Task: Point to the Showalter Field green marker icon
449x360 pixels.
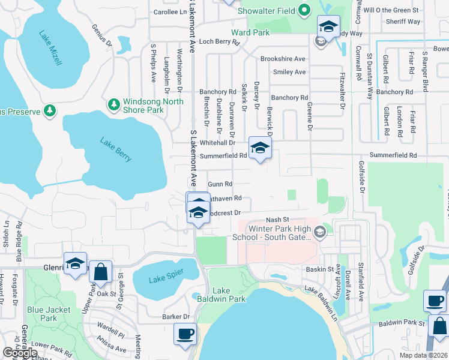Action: (x=304, y=10)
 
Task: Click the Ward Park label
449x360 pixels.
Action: (x=250, y=32)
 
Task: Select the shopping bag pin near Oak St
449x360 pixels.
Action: (x=101, y=271)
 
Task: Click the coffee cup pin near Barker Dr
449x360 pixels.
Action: (x=185, y=333)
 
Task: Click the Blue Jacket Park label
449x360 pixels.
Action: (x=49, y=314)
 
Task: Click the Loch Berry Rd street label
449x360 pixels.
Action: (x=219, y=42)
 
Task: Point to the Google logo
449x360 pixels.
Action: (x=20, y=353)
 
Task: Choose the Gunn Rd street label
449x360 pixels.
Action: (x=220, y=184)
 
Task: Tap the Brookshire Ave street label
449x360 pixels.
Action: (x=283, y=59)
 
